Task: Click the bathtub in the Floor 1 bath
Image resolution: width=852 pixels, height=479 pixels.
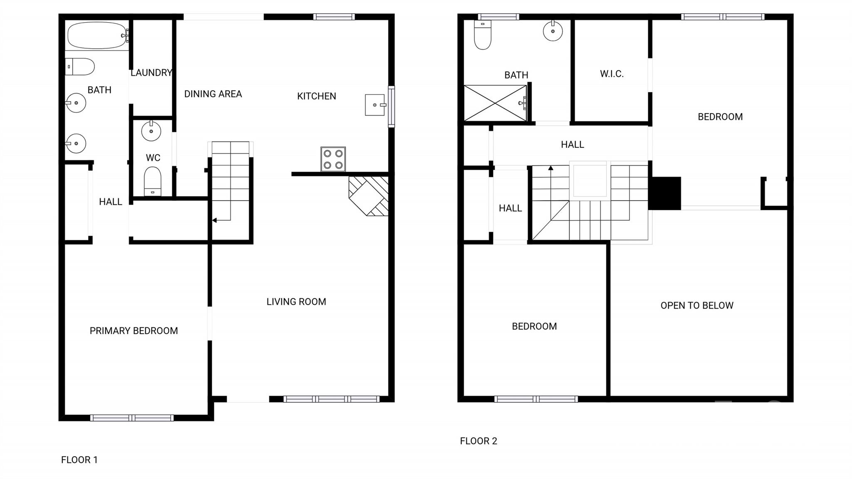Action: (97, 35)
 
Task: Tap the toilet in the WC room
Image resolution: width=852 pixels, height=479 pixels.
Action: (152, 181)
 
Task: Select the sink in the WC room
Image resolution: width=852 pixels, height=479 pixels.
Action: (151, 131)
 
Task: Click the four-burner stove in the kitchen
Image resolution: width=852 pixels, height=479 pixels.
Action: (333, 159)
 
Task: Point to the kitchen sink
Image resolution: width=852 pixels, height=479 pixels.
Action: (374, 105)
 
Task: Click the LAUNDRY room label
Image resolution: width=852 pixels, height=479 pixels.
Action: (151, 73)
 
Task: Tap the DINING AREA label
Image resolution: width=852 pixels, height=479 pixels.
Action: (213, 94)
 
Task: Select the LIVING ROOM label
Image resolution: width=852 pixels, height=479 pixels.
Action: (296, 302)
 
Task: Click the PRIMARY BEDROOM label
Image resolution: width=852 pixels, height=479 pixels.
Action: (134, 331)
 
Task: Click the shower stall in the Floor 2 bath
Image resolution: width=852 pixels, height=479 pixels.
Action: (495, 103)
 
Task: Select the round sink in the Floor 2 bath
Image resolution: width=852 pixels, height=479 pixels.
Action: (553, 31)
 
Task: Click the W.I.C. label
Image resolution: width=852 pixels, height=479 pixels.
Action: (612, 74)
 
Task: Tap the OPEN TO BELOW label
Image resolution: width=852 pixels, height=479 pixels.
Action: (697, 305)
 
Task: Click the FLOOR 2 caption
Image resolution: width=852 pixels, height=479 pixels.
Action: (478, 441)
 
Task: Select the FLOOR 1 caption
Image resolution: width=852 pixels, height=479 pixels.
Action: (79, 460)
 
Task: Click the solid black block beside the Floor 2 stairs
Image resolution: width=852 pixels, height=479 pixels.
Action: (664, 193)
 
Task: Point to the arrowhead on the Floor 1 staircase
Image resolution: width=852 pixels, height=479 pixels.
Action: (214, 220)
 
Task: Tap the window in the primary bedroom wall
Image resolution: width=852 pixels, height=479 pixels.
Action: (132, 418)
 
